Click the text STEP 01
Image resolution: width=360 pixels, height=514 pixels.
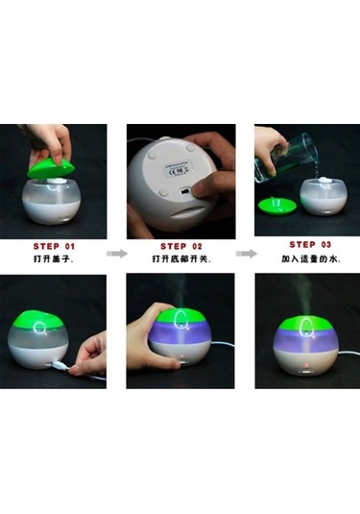point(53,245)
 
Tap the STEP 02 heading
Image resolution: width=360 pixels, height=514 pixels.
point(180,246)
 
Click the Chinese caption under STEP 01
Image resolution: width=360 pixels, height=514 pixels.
point(53,259)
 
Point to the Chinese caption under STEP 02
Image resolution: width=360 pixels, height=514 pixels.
point(180,260)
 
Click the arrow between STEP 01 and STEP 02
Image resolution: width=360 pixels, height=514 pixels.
point(116,254)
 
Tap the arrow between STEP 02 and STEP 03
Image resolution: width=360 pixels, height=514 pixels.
point(246,254)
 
